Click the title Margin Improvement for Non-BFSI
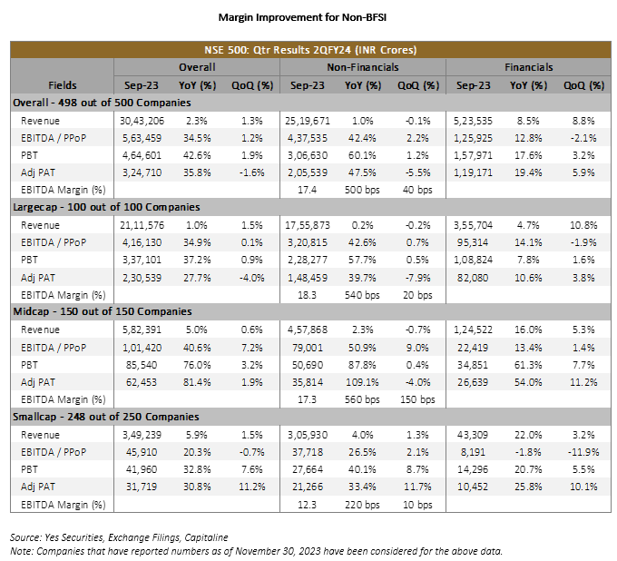(x=302, y=17)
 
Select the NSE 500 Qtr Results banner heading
(x=310, y=50)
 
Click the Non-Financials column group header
(x=362, y=67)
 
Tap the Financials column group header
(x=528, y=67)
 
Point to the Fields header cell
(x=63, y=85)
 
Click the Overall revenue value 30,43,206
(x=142, y=121)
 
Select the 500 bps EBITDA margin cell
(x=362, y=190)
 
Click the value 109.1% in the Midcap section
(x=362, y=382)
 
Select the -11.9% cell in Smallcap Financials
(x=583, y=452)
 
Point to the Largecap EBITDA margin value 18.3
(x=307, y=295)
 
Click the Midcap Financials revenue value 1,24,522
(x=473, y=330)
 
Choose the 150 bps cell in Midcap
(x=417, y=399)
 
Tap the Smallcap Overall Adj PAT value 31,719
(x=142, y=487)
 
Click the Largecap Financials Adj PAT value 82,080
(x=473, y=278)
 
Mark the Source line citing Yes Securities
(x=119, y=537)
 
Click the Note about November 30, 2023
(x=256, y=551)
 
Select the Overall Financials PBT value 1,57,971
(x=473, y=155)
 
